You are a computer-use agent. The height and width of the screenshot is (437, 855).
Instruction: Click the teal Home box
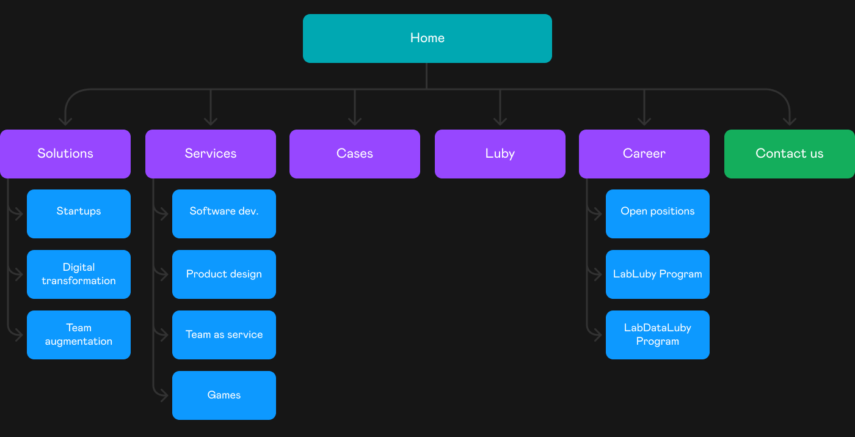pos(427,38)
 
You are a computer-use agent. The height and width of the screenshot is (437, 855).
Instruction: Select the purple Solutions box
pos(65,153)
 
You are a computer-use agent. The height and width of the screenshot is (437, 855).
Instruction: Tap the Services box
pos(210,153)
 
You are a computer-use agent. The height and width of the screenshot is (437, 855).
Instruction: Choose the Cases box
pos(355,153)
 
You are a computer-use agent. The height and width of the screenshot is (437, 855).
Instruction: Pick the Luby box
pos(500,153)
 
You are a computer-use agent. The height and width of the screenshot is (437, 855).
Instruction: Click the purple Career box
pos(644,153)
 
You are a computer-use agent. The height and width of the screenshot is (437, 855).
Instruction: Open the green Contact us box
pos(789,153)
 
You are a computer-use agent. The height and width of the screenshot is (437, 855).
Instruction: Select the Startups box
pos(79,214)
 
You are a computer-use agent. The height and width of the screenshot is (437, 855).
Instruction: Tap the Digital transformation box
pos(79,274)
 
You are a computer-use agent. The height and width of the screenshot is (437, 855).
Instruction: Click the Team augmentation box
pos(79,335)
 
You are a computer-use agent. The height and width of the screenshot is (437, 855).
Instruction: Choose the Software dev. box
pos(224,214)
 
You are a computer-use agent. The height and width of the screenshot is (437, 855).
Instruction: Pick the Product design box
pos(224,274)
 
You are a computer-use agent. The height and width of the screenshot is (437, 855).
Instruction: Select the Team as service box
pos(224,335)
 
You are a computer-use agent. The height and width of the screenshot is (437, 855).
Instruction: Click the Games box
pos(224,395)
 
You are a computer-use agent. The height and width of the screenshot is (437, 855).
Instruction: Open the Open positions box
pos(658,214)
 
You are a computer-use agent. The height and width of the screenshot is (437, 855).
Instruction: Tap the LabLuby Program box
pos(658,274)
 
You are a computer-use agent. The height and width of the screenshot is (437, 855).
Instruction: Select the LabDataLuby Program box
pos(658,335)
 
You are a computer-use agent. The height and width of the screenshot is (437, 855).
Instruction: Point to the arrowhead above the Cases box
pos(355,122)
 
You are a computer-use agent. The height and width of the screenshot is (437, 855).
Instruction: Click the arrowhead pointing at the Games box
pos(164,395)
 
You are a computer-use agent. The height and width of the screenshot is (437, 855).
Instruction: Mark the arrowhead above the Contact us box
pos(789,122)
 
